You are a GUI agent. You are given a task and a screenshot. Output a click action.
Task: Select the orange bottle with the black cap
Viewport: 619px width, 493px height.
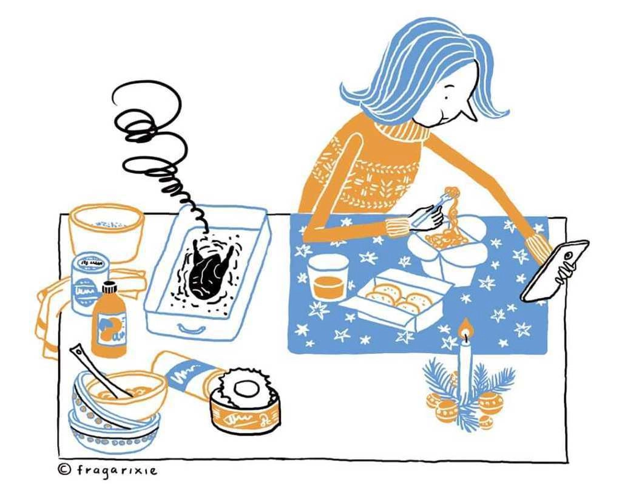tap(109, 320)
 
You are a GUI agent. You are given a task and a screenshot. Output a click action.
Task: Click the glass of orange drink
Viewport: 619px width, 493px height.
tap(327, 277)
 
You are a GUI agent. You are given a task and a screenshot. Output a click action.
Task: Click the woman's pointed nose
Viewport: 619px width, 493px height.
tap(470, 111)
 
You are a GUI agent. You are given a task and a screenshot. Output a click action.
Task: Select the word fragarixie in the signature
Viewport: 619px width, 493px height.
tap(117, 471)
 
